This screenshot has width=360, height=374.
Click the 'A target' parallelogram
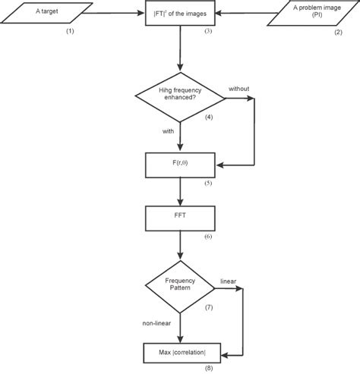click(47, 13)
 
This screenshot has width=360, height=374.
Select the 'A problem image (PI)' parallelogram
click(311, 13)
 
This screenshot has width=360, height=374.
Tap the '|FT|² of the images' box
click(180, 13)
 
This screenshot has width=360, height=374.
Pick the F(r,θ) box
click(180, 164)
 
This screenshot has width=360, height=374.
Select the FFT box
click(180, 218)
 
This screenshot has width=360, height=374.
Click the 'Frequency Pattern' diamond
click(180, 288)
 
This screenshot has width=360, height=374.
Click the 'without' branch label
click(239, 89)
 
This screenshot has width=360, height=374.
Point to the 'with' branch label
click(168, 131)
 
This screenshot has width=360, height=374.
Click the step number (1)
click(70, 32)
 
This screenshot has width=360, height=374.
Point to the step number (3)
click(208, 32)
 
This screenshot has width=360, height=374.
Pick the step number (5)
click(208, 184)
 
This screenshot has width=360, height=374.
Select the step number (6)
click(208, 237)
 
